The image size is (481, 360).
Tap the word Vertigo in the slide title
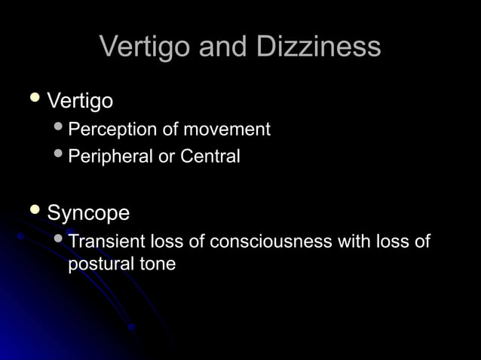coord(145,47)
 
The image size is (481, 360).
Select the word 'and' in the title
coord(223,47)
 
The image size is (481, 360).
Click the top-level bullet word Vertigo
coord(80,100)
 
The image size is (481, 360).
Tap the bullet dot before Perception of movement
coord(60,128)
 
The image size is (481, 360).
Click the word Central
coord(210,157)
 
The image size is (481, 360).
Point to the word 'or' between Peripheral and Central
coord(167,157)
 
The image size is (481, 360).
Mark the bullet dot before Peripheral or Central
coord(60,155)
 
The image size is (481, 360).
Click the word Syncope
coord(88,213)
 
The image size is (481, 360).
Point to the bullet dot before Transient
coord(60,239)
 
